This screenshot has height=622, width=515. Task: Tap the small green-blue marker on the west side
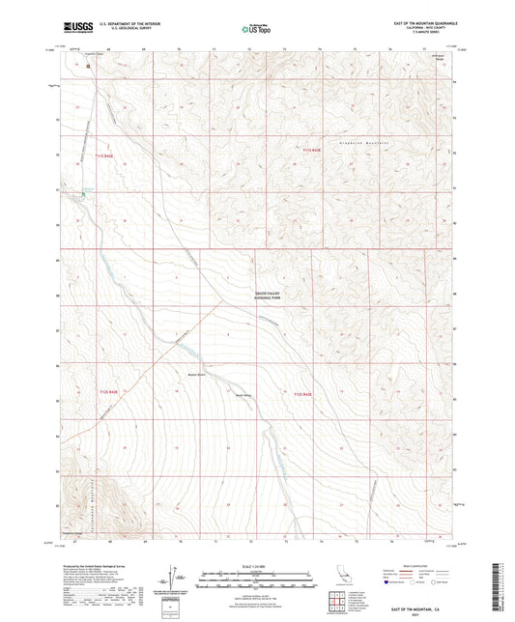tap(83, 192)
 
